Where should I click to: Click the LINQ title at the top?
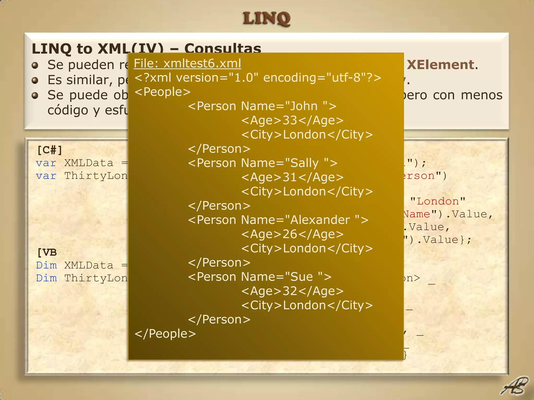(266, 19)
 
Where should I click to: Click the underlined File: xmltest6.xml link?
(187, 64)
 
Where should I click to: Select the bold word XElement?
(440, 65)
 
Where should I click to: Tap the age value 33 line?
(292, 120)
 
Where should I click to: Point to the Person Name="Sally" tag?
(263, 163)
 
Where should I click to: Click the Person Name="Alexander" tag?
(278, 220)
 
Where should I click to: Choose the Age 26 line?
(292, 234)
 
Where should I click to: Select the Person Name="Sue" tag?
(260, 277)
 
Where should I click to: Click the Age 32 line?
(292, 291)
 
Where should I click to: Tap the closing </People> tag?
(165, 334)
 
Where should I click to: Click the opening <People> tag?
(162, 92)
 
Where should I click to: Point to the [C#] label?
(50, 150)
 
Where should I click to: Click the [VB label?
(47, 252)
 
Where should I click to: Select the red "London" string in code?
(438, 201)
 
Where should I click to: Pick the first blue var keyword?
(46, 163)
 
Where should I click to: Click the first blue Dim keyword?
(46, 265)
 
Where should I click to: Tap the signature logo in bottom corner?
(514, 386)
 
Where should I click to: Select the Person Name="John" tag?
(262, 106)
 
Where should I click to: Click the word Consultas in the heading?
(222, 49)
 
